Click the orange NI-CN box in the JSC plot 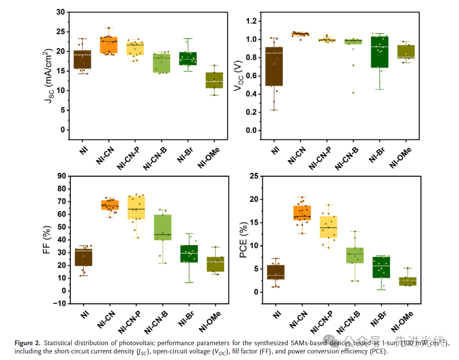pyautogui.click(x=109, y=45)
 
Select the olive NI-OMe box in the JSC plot pyautogui.click(x=214, y=80)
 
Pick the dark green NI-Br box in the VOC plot pyautogui.click(x=380, y=52)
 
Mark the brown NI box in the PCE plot pyautogui.click(x=275, y=272)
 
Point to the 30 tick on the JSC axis pyautogui.click(x=61, y=12)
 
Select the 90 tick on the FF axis pyautogui.click(x=61, y=176)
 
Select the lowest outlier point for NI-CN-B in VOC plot pyautogui.click(x=353, y=92)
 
